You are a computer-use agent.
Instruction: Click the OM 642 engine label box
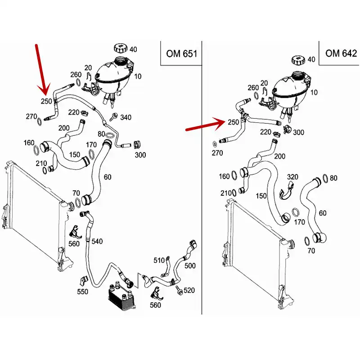click(341, 54)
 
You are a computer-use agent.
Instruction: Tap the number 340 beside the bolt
click(126, 118)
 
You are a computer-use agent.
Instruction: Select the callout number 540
click(97, 241)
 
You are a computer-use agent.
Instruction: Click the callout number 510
click(159, 260)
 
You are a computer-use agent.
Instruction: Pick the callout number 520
click(189, 291)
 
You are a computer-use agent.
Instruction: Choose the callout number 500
click(190, 266)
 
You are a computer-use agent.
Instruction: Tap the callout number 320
click(292, 176)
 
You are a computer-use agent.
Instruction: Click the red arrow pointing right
click(205, 125)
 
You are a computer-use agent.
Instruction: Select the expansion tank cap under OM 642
click(298, 60)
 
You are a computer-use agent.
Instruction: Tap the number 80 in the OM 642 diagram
click(333, 178)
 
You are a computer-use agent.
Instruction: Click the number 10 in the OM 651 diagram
click(137, 76)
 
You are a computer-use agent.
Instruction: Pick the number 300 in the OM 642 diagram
click(298, 133)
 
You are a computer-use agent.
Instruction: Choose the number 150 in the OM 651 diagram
click(75, 155)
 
